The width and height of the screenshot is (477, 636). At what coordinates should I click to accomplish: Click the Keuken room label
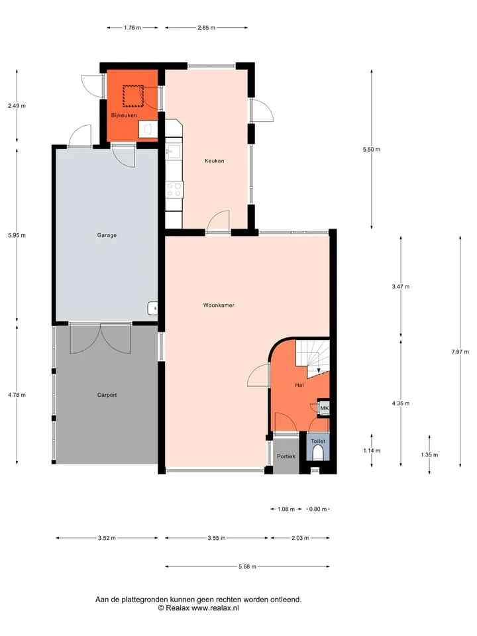click(x=214, y=160)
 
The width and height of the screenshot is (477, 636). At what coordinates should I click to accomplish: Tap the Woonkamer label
click(x=219, y=305)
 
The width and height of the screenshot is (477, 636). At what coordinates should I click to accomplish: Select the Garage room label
click(x=107, y=235)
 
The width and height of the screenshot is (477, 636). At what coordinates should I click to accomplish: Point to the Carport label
click(x=107, y=395)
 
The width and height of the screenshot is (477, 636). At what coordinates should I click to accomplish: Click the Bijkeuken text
click(x=124, y=115)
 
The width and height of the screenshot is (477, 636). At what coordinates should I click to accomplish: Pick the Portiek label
click(x=286, y=456)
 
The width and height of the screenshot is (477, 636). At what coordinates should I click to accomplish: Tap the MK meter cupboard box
click(x=324, y=407)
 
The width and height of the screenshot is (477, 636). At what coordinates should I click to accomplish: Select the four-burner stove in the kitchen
click(x=174, y=189)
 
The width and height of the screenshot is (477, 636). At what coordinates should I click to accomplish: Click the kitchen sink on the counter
click(x=174, y=151)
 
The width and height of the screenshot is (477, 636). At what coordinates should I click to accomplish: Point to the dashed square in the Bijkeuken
click(x=133, y=95)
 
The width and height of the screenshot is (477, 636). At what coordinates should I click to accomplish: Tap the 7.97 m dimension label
click(x=460, y=352)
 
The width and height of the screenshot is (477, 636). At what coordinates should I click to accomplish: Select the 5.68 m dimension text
click(x=247, y=566)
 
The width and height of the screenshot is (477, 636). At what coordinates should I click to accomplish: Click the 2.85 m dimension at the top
click(x=207, y=28)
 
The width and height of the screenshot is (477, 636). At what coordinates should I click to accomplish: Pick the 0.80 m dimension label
click(x=318, y=509)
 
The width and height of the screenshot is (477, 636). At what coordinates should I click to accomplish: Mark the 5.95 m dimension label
click(x=17, y=235)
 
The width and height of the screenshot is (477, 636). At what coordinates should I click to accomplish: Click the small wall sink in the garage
click(x=152, y=308)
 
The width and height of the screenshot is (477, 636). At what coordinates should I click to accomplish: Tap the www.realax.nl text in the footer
click(x=215, y=608)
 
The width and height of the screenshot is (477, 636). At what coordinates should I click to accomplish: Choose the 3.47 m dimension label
click(x=401, y=286)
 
